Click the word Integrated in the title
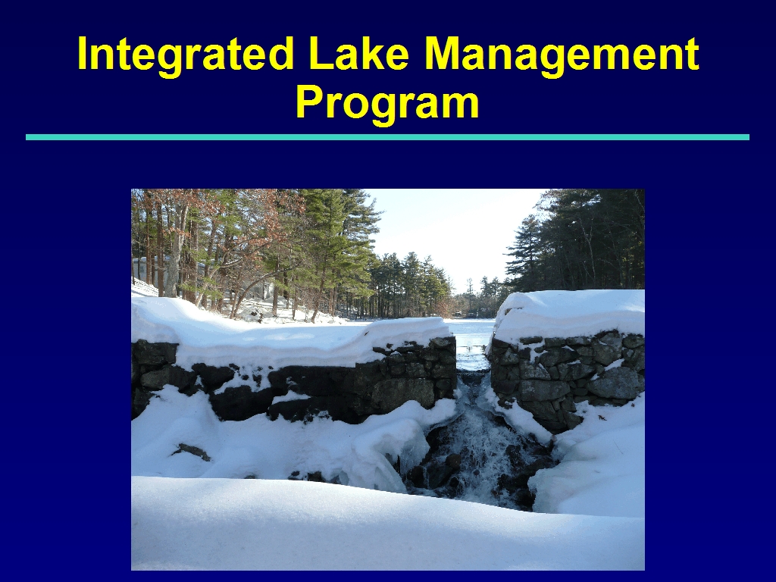pyautogui.click(x=186, y=55)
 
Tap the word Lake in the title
pyautogui.click(x=359, y=54)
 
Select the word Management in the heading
pyautogui.click(x=562, y=55)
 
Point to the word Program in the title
pyautogui.click(x=387, y=103)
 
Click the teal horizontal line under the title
pyautogui.click(x=387, y=137)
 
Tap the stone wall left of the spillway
pyautogui.click(x=297, y=381)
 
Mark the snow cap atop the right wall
pyautogui.click(x=569, y=314)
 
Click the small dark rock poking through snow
pyautogui.click(x=192, y=451)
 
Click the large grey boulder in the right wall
pyautogui.click(x=615, y=383)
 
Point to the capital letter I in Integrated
pyautogui.click(x=83, y=54)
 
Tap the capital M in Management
pyautogui.click(x=444, y=54)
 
